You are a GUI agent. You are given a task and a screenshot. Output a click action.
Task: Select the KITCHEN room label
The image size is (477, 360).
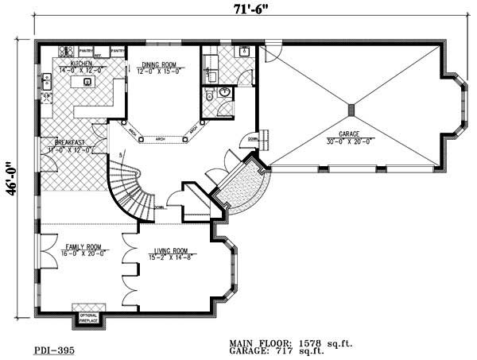click(80, 62)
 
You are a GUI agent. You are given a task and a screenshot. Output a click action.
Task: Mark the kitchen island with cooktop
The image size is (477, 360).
click(85, 81)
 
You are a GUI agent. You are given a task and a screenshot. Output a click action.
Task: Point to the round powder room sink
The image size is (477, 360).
click(225, 93)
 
